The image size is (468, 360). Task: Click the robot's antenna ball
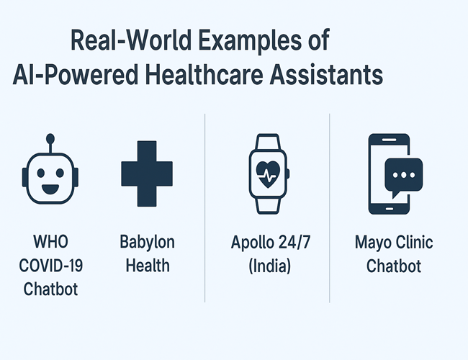click(50, 138)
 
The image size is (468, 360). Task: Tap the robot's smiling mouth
click(50, 189)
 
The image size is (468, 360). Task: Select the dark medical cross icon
click(147, 174)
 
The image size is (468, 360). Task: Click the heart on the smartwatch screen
click(268, 174)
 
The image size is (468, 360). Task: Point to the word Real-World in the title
click(131, 40)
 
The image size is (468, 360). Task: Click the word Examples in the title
click(250, 41)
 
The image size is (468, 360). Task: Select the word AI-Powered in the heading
click(76, 75)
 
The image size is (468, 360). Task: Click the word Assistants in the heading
click(326, 74)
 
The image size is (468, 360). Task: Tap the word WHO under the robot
click(50, 241)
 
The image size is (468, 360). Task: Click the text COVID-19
click(50, 265)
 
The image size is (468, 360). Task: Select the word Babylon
click(147, 243)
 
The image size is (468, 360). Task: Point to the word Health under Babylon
click(148, 265)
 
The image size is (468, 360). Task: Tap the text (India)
click(269, 266)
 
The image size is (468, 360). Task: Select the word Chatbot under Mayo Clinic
click(394, 266)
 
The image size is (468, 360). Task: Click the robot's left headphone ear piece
click(24, 178)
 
